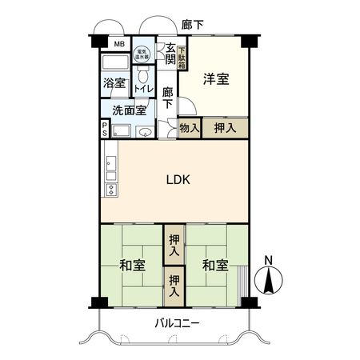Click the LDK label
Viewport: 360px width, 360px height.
pyautogui.click(x=177, y=180)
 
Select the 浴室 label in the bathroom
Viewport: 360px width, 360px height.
pyautogui.click(x=114, y=83)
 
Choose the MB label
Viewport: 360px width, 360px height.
pyautogui.click(x=118, y=43)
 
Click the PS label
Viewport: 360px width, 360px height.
pyautogui.click(x=105, y=129)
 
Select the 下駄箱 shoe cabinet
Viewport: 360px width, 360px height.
pyautogui.click(x=182, y=57)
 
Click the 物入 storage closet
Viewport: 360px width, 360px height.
pyautogui.click(x=189, y=127)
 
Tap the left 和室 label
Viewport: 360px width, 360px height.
pyautogui.click(x=133, y=265)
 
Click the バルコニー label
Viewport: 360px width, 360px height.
pyautogui.click(x=178, y=323)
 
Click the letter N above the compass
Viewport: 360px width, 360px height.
pyautogui.click(x=270, y=260)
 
